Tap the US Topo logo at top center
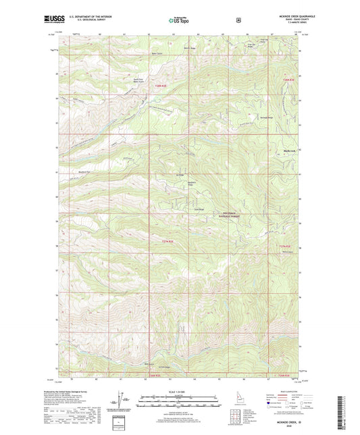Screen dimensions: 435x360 pyautogui.click(x=179, y=20)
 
